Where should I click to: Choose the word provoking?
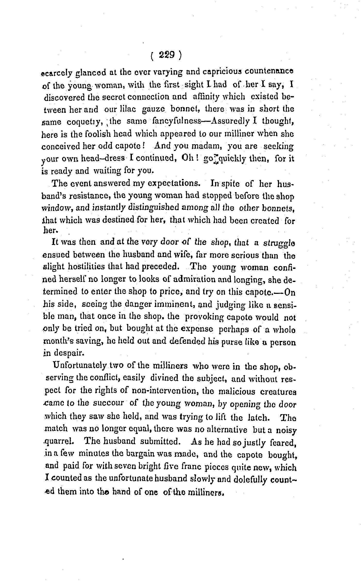click(x=204, y=317)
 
